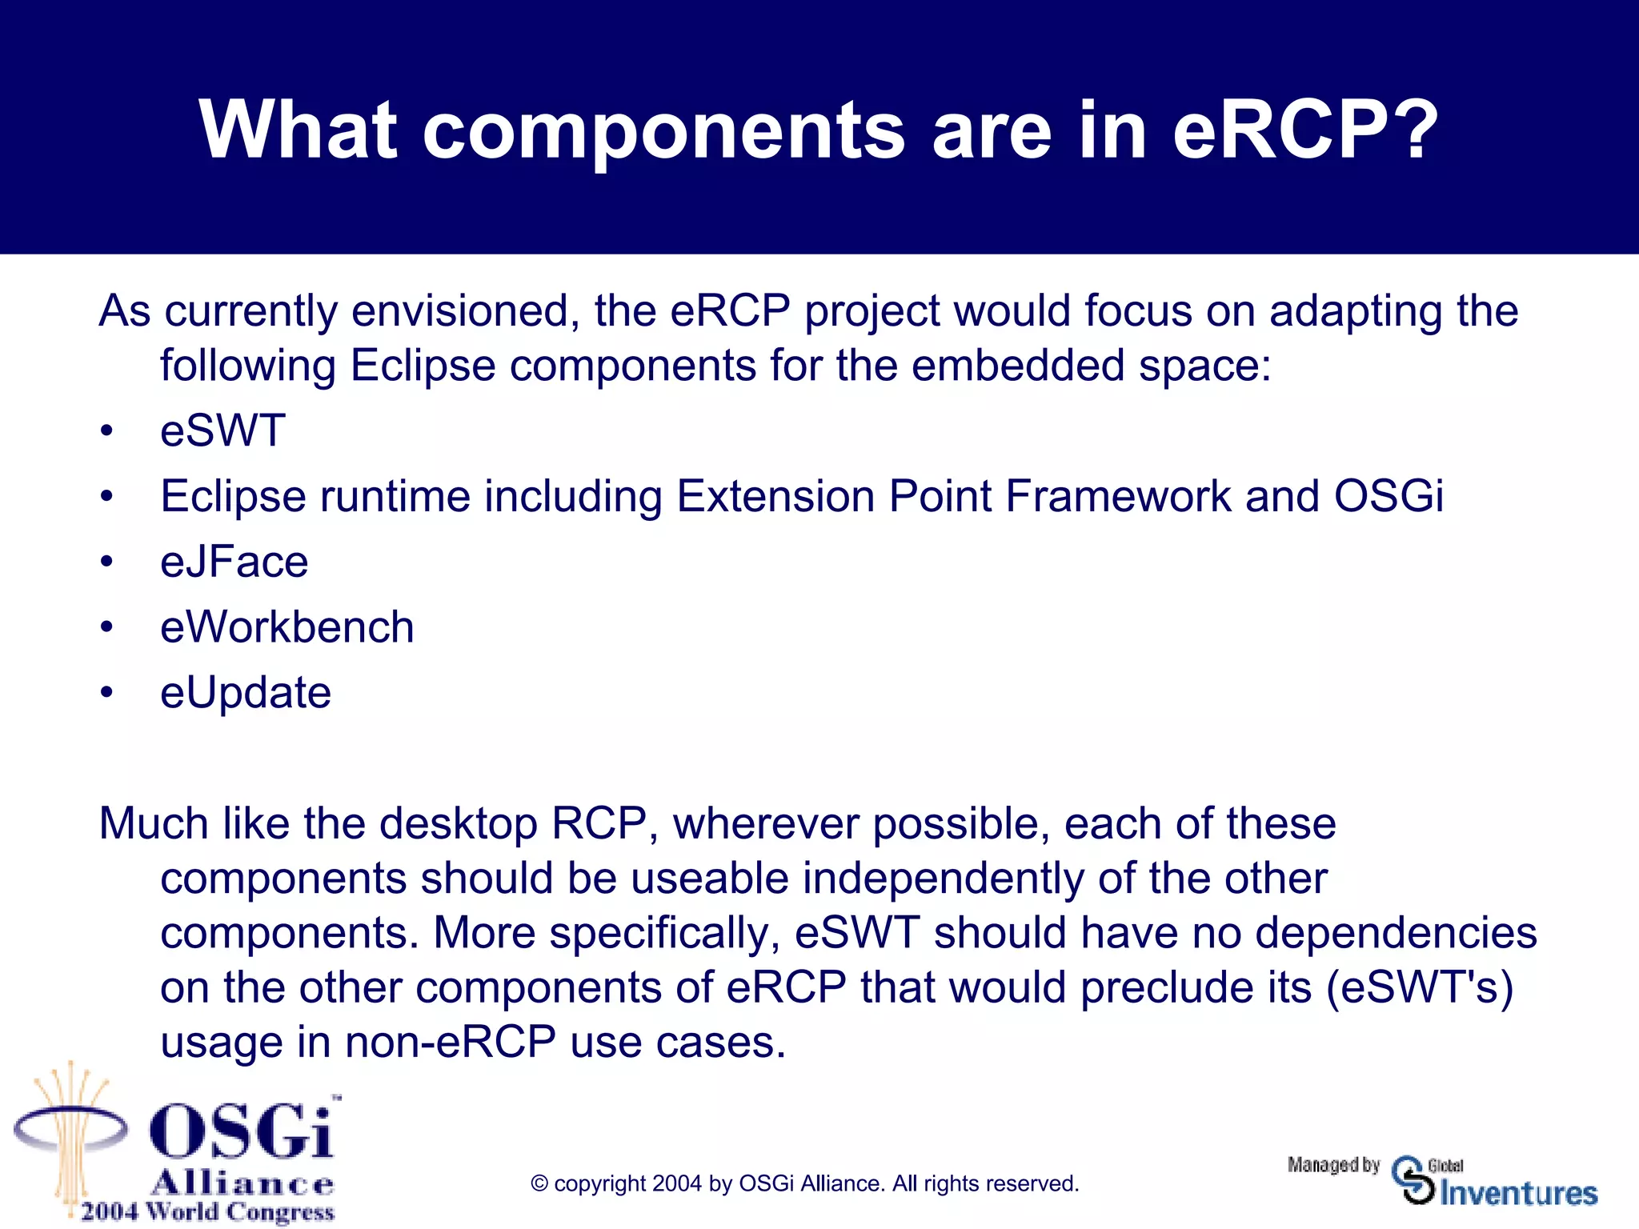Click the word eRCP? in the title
(1304, 130)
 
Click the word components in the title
(663, 130)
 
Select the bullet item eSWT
(222, 430)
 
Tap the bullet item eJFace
(234, 562)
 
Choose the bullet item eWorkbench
(287, 627)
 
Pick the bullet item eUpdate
(245, 693)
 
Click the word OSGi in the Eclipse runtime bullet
(1389, 496)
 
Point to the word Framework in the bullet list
(1117, 496)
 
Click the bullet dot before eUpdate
(106, 693)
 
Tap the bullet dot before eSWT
(106, 431)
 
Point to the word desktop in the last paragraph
(458, 823)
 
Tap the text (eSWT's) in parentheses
(1420, 987)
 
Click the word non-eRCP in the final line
(451, 1043)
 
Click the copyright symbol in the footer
(539, 1184)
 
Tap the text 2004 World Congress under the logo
(207, 1211)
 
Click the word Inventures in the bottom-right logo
(1518, 1193)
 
